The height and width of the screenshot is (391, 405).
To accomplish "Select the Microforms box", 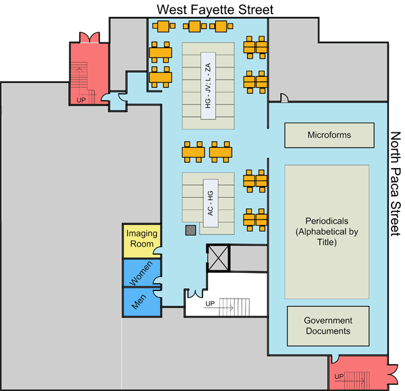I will (x=329, y=135).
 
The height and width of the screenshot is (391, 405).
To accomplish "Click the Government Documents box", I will (x=328, y=326).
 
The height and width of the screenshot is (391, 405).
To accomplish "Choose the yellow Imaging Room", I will (x=142, y=240).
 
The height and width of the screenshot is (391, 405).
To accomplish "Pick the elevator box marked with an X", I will (x=219, y=257).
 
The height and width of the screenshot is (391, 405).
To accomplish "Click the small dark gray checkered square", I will (x=191, y=230).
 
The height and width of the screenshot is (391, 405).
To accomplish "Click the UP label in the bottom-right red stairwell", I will (x=340, y=375).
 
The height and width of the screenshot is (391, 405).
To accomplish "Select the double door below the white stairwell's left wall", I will (x=192, y=294).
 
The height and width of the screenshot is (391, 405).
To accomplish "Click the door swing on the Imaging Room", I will (x=158, y=252).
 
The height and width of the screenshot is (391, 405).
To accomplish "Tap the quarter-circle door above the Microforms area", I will (x=285, y=99).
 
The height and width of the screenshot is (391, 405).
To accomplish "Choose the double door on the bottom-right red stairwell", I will (x=394, y=371).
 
